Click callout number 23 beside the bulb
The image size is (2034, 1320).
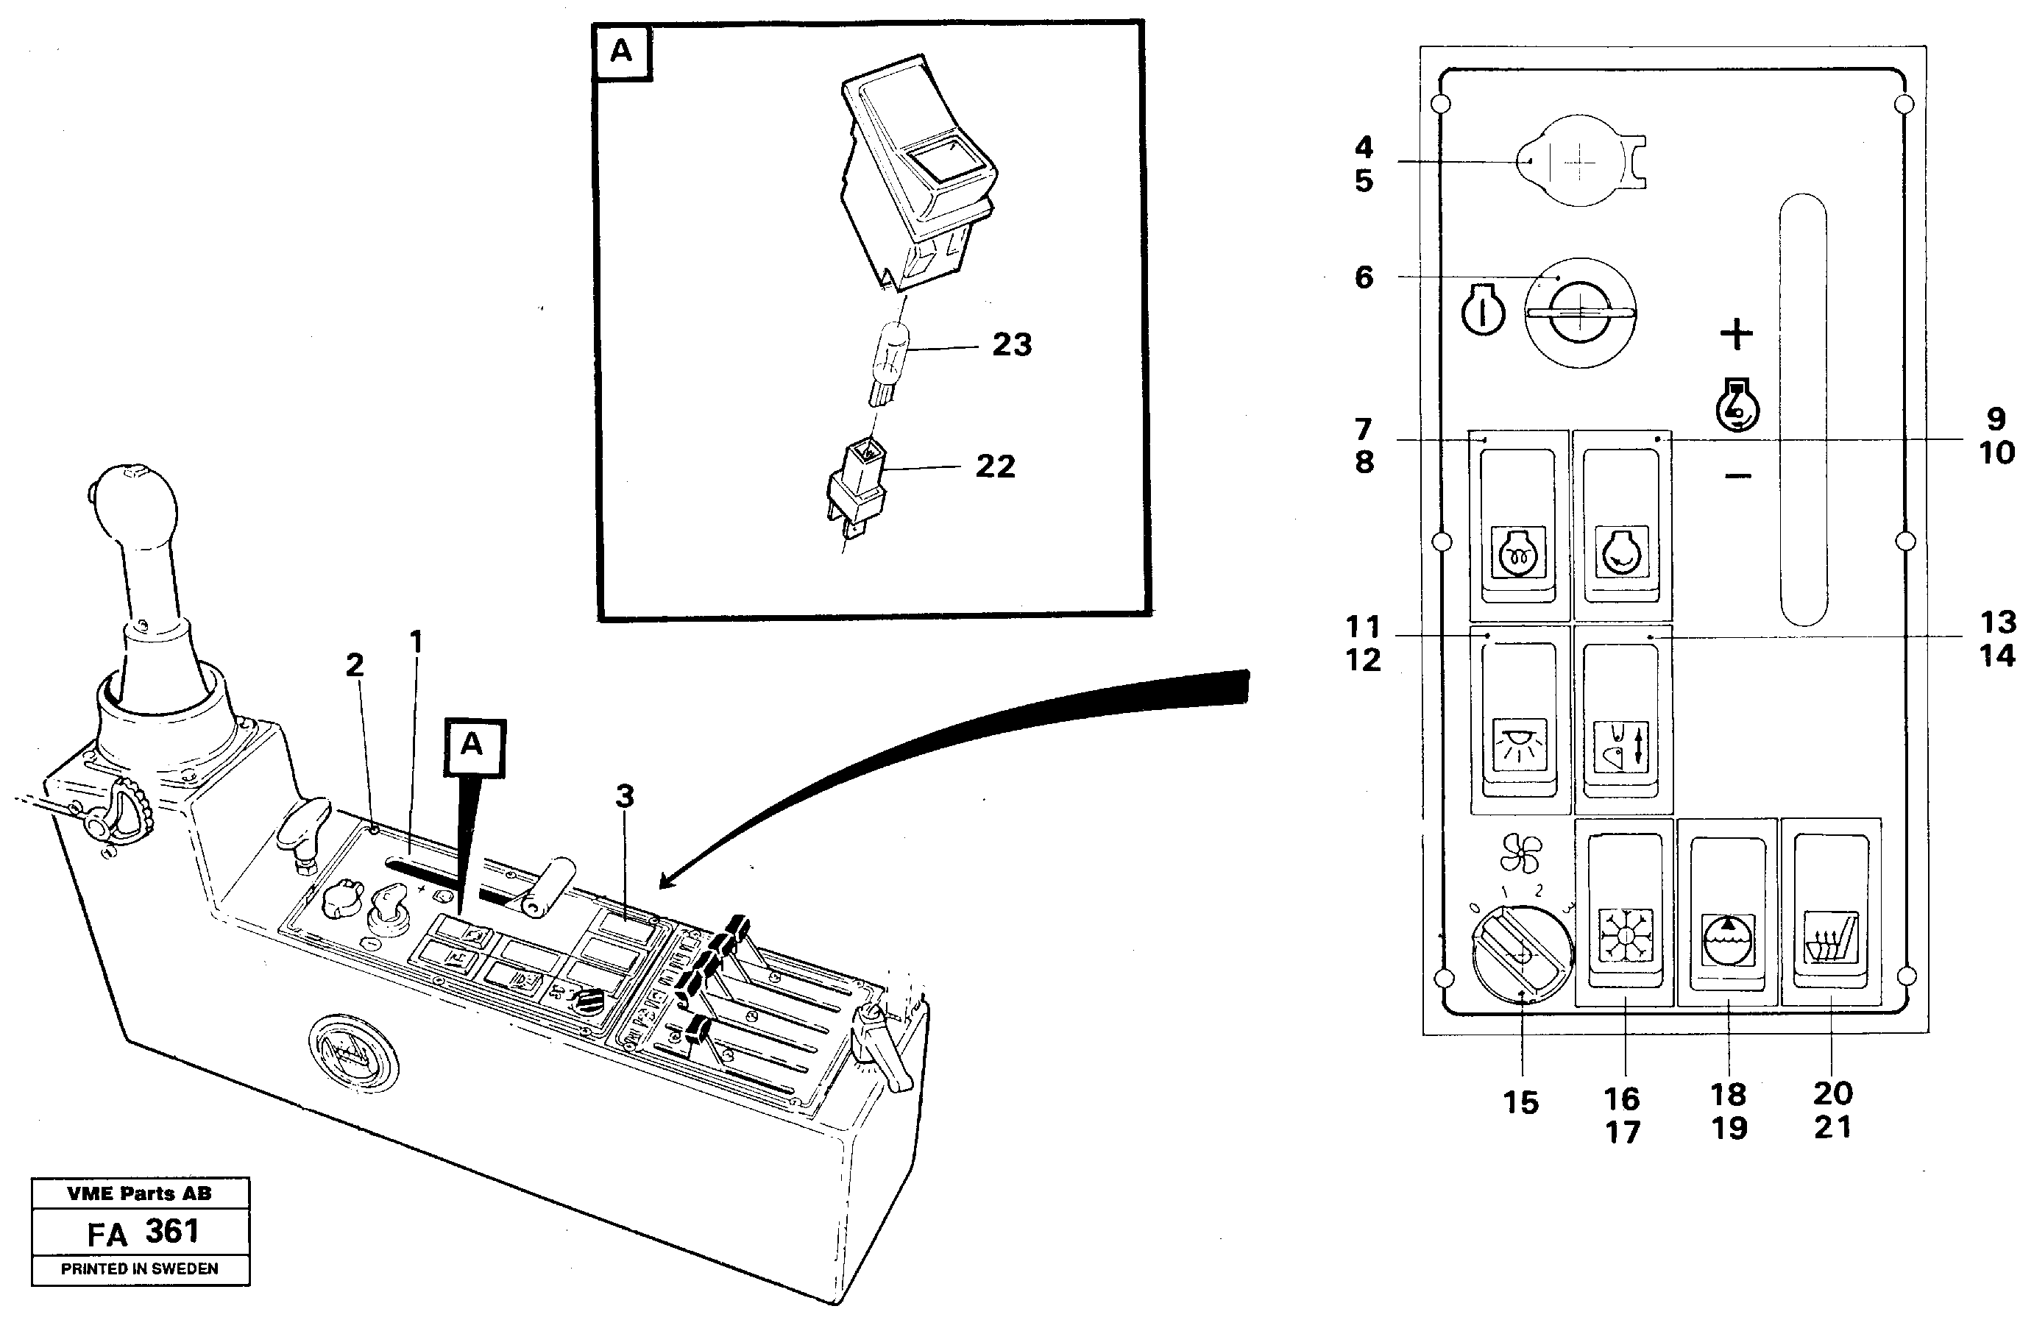point(1012,345)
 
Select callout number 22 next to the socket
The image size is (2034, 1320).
point(996,466)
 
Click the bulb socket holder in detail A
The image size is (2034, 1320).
point(858,488)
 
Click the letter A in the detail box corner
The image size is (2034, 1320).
point(621,52)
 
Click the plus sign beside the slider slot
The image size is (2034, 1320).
point(1736,333)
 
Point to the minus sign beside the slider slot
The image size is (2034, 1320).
point(1737,475)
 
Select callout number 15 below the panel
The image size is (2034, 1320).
point(1521,1103)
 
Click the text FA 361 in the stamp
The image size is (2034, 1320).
point(143,1233)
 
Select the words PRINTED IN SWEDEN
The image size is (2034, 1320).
point(139,1268)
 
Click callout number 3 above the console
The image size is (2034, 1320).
point(625,796)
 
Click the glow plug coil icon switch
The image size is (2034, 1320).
point(1518,552)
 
